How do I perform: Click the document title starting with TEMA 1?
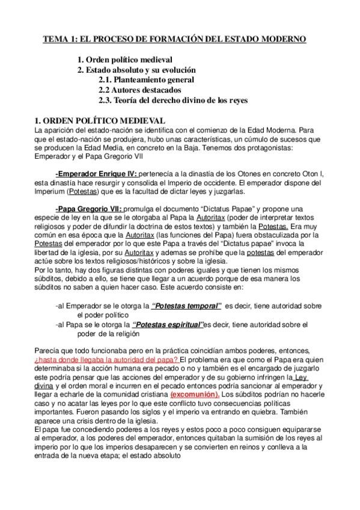(x=174, y=39)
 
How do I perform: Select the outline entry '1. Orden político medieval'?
(x=125, y=60)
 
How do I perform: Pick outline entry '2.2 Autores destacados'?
(x=140, y=90)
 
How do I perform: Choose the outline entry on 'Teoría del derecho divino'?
(x=173, y=100)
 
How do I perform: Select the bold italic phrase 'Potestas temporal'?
(x=187, y=306)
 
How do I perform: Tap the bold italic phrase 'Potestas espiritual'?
(x=168, y=324)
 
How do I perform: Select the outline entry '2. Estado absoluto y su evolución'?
(x=136, y=70)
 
